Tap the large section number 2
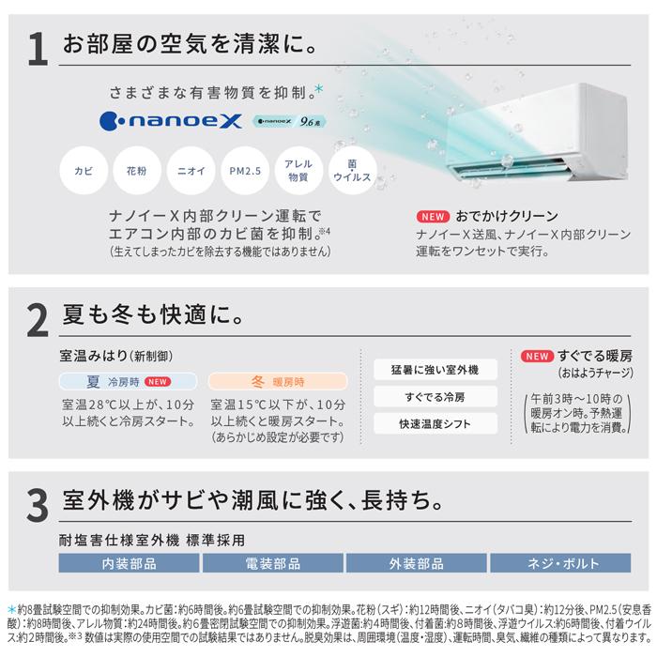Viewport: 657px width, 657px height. coord(36,320)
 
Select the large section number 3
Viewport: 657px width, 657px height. coord(36,503)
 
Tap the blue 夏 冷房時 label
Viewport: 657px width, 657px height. coord(128,382)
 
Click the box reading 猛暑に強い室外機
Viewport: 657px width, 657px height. coord(435,369)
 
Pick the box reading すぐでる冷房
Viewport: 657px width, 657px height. coord(435,396)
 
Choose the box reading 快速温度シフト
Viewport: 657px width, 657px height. coord(435,423)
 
